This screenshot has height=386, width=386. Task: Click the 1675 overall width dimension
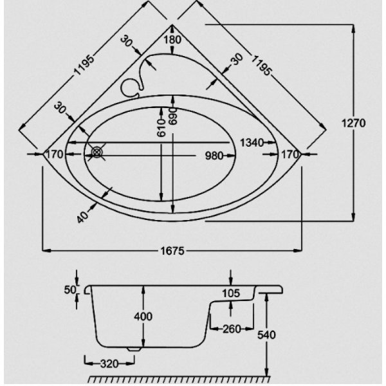[172, 251]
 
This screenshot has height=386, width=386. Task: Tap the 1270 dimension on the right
[353, 123]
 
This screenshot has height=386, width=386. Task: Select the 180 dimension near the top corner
[172, 39]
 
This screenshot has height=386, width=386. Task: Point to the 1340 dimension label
[252, 143]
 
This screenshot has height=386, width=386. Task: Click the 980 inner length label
[214, 156]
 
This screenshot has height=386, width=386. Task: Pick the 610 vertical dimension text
[161, 128]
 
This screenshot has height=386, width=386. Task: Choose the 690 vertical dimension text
[173, 116]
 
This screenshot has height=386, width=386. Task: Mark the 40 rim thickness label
[82, 217]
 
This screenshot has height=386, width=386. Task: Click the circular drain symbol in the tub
[96, 153]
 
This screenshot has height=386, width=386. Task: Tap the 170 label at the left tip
[55, 154]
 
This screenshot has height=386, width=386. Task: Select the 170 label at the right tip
[290, 154]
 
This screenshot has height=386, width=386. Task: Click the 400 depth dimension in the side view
[143, 317]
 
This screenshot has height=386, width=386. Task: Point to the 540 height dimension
[266, 335]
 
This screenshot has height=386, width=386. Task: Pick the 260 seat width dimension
[232, 329]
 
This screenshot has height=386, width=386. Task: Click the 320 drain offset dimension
[109, 364]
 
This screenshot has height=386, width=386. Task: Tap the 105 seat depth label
[231, 293]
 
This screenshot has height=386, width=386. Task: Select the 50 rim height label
[70, 290]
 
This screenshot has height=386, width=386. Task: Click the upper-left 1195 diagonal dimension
[84, 65]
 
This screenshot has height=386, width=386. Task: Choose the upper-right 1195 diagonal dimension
[261, 65]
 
